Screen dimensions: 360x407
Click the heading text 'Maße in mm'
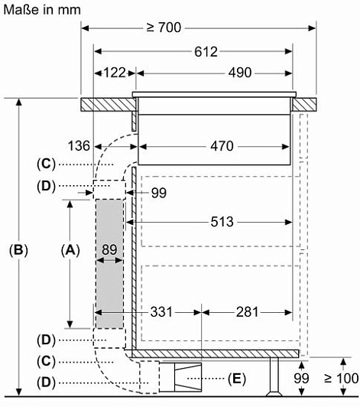coord(42,10)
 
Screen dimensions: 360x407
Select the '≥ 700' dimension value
coord(164,28)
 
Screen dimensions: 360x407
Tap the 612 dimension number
coord(206,52)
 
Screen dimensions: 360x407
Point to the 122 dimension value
coord(115,73)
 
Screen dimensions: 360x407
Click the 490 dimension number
coord(240,73)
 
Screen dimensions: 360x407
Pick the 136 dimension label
coord(79,145)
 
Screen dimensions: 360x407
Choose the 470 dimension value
coord(222,146)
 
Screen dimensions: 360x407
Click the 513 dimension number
coord(222,222)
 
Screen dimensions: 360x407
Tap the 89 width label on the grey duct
coord(109,249)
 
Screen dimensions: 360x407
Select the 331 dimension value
coord(161,311)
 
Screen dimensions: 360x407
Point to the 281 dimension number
coord(247,311)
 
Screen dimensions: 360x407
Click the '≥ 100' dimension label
coord(342,378)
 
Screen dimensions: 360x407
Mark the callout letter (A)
coord(70,250)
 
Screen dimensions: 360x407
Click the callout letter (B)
coord(18,250)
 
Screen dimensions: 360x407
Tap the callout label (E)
coord(236,379)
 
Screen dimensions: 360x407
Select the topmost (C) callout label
coord(46,164)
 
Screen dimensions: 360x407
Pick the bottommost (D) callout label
coord(46,383)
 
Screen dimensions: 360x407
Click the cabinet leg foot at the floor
coord(274,394)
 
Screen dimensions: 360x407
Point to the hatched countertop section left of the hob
coord(108,105)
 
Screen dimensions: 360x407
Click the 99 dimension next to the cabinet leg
coord(301,379)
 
